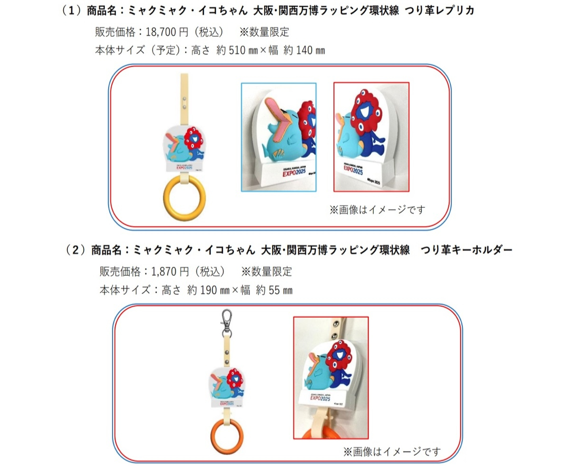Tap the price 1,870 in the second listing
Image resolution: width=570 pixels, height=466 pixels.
[x=163, y=272]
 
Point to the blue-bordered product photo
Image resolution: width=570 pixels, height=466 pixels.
[x=278, y=137]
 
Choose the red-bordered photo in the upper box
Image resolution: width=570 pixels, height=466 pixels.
[x=371, y=137]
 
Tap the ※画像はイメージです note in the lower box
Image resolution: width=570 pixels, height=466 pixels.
[x=393, y=451]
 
